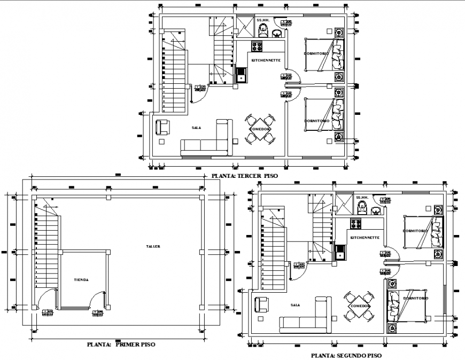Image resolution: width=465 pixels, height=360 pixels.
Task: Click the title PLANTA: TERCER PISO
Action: [x=244, y=175]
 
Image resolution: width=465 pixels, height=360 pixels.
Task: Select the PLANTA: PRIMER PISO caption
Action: [x=121, y=345]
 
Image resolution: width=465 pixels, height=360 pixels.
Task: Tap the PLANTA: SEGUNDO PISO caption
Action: [x=346, y=355]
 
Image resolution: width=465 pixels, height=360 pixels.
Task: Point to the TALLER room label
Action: [x=153, y=246]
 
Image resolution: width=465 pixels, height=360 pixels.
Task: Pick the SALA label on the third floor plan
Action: [x=196, y=128]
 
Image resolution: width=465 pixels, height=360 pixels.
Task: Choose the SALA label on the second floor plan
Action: [x=295, y=305]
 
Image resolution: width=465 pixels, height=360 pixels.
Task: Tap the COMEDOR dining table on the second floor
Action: [x=359, y=306]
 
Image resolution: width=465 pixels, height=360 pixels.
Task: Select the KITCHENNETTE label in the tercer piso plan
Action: [x=266, y=60]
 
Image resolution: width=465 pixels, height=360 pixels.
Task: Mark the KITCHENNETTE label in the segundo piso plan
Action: [x=365, y=237]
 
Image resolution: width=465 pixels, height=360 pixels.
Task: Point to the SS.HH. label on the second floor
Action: [x=362, y=197]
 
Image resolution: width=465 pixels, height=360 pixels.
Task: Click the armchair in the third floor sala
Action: [x=162, y=128]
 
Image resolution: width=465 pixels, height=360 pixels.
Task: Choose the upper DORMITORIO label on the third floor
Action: [x=316, y=54]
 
